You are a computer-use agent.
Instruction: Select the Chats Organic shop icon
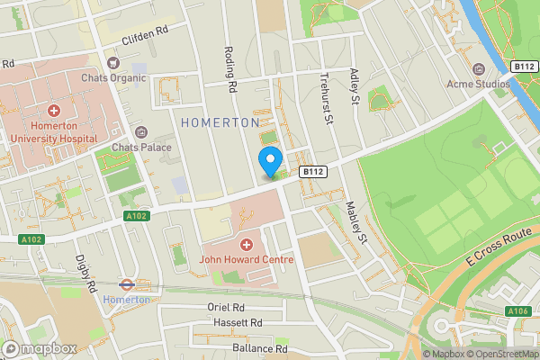pyautogui.click(x=112, y=63)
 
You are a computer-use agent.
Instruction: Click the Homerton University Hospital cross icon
pyautogui.click(x=55, y=111)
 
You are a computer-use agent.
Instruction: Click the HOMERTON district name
pyautogui.click(x=220, y=121)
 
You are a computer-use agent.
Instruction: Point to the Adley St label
pyautogui.click(x=355, y=88)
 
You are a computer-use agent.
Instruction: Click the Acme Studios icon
pyautogui.click(x=478, y=69)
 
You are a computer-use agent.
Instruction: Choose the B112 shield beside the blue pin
pyautogui.click(x=312, y=171)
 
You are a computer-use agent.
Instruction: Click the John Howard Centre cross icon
pyautogui.click(x=246, y=245)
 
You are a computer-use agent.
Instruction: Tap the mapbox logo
pyautogui.click(x=40, y=348)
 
